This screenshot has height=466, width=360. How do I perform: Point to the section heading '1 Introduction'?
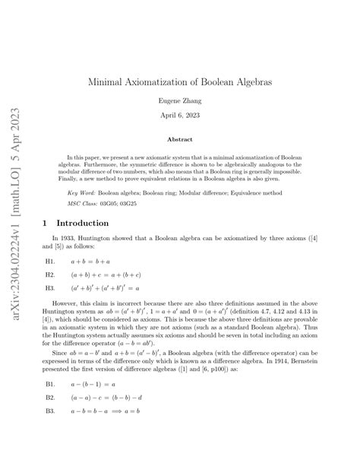(77, 223)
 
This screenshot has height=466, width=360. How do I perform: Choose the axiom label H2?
(50, 275)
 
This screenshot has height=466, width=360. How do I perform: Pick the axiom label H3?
(50, 289)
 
